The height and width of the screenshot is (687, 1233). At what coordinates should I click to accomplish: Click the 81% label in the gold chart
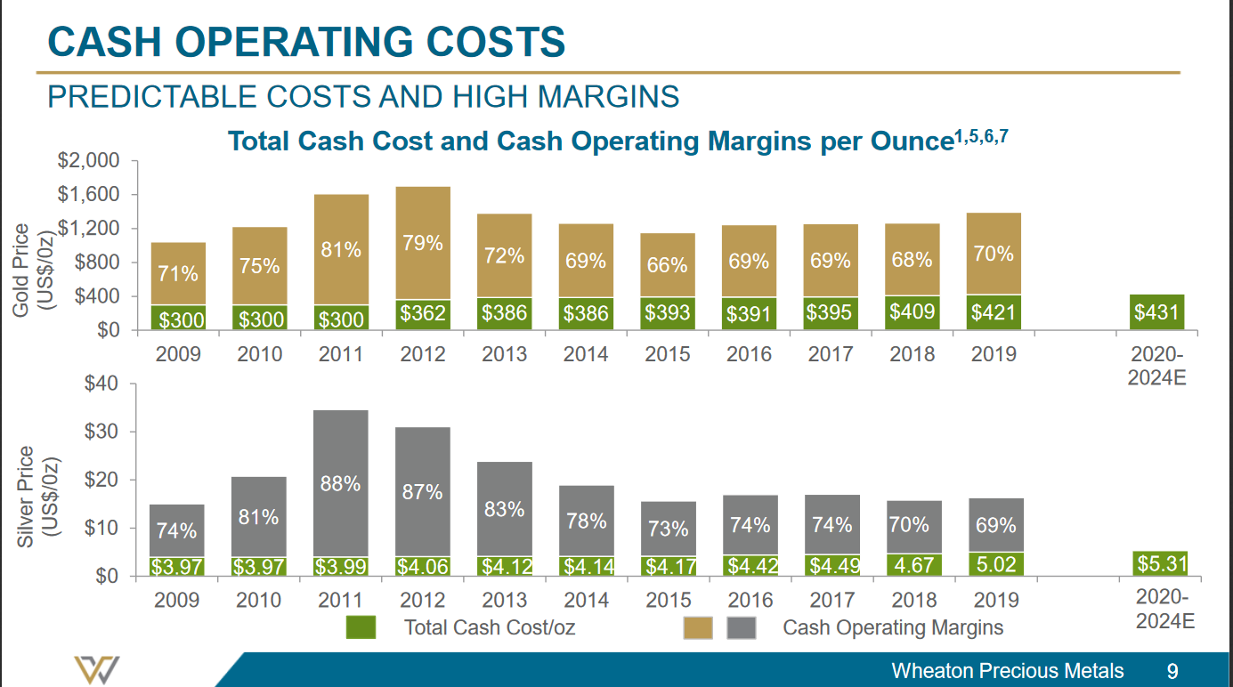click(341, 250)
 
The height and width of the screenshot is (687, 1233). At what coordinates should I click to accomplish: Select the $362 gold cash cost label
click(423, 313)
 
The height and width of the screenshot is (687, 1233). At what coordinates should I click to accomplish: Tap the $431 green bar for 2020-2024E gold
click(1158, 312)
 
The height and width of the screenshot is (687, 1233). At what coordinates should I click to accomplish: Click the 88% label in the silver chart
click(341, 484)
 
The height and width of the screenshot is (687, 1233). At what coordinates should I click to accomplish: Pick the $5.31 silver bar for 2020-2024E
click(1161, 563)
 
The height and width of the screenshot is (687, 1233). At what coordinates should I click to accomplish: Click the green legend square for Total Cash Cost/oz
click(361, 627)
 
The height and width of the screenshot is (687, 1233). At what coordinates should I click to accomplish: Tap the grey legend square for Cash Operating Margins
click(742, 627)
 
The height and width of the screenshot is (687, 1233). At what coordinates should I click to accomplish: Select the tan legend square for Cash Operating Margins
click(698, 627)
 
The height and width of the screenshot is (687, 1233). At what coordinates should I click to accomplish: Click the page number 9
click(1172, 671)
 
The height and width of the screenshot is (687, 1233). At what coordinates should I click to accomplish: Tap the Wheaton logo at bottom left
click(97, 670)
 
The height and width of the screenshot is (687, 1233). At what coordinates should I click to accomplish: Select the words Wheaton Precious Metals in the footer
click(1007, 671)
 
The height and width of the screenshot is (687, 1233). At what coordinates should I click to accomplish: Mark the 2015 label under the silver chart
click(668, 600)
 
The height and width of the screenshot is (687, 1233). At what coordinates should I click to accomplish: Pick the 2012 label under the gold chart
click(423, 354)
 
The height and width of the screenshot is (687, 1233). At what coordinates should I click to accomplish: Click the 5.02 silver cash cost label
click(995, 565)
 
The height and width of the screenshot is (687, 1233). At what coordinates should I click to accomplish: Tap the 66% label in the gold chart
click(668, 265)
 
